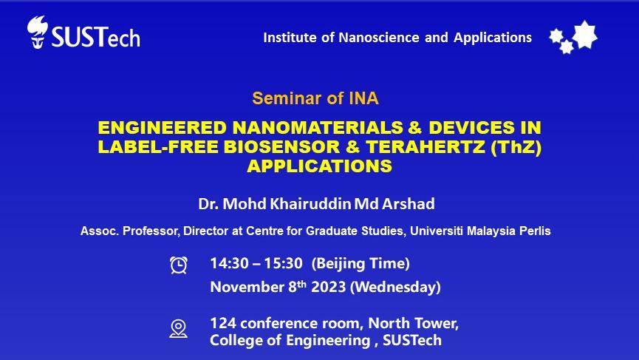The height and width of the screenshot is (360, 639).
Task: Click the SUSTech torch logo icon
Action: [37, 33]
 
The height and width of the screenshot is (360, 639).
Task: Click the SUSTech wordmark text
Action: [96, 37]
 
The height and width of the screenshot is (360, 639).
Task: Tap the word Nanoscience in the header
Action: [378, 38]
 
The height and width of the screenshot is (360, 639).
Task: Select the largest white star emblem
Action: [585, 35]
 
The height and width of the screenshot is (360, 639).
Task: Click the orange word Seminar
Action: [287, 98]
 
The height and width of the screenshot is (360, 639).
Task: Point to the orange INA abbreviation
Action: [363, 98]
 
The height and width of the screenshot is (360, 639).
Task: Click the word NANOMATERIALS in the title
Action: [318, 128]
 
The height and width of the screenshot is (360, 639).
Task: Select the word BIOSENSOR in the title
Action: [281, 147]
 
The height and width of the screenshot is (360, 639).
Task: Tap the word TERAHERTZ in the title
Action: [426, 147]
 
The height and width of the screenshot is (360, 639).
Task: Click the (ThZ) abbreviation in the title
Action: [516, 147]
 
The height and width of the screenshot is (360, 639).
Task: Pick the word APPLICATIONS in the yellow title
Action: [319, 166]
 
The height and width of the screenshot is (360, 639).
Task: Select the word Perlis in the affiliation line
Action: [535, 231]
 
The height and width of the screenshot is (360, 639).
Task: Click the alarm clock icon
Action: [179, 265]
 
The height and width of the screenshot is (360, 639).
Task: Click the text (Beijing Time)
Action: [360, 263]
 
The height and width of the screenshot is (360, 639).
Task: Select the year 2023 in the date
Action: [329, 287]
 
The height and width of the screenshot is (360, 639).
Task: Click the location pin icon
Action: [179, 329]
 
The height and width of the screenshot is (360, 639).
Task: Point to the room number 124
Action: [223, 323]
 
